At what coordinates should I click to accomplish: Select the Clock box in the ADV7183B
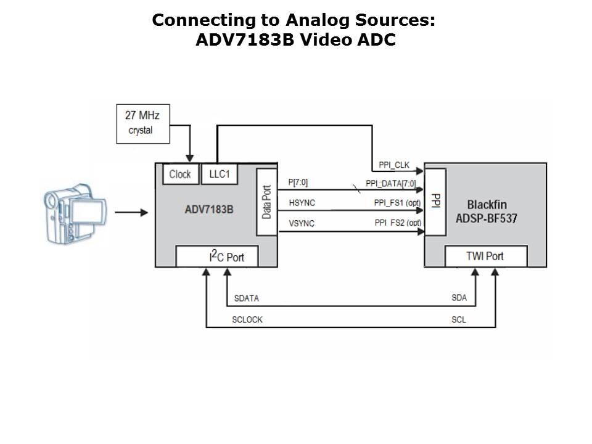[179, 175]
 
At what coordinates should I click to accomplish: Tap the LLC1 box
[220, 175]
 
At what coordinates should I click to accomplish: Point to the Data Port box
[268, 202]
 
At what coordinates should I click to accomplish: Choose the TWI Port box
[485, 256]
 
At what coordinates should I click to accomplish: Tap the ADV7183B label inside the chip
[210, 209]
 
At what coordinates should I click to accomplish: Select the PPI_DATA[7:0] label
[390, 183]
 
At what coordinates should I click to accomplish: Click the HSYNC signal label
[302, 202]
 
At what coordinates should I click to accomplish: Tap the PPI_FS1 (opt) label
[397, 202]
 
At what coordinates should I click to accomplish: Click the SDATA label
[247, 298]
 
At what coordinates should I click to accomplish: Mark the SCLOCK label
[247, 320]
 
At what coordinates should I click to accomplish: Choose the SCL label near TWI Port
[459, 320]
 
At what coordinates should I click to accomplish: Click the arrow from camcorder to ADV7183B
[132, 213]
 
